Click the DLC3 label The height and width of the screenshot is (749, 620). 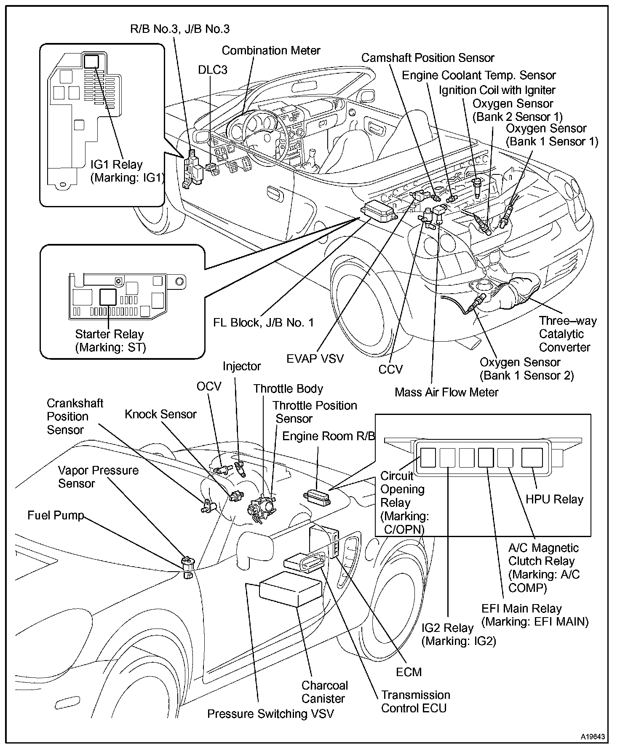tap(213, 70)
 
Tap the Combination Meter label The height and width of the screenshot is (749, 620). tap(271, 51)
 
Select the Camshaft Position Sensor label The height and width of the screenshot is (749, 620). tap(428, 58)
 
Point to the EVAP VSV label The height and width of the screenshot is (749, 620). tap(315, 358)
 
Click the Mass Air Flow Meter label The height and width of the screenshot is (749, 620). tap(446, 392)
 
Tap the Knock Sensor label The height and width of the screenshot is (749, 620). tap(160, 414)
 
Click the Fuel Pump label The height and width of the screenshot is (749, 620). tap(56, 515)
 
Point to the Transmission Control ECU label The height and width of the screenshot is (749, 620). tap(415, 701)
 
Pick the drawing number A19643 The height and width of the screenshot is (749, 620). tap(593, 737)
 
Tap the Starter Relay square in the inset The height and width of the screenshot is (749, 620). tap(108, 297)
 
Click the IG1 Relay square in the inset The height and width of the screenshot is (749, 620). tap(91, 62)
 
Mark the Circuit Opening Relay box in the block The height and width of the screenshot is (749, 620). tap(428, 457)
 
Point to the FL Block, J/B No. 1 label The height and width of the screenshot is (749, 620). tap(264, 323)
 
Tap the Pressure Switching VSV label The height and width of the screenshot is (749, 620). tap(270, 714)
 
